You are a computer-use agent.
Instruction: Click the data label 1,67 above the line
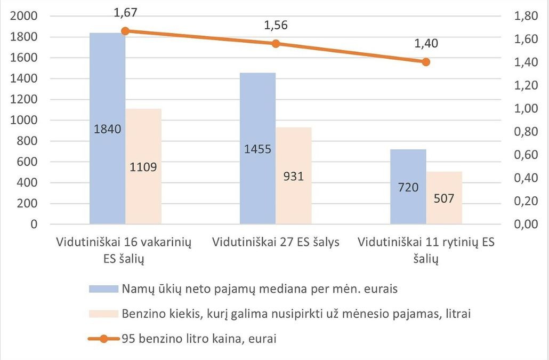pyautogui.click(x=126, y=12)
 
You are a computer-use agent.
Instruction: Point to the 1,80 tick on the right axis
pyautogui.click(x=525, y=16)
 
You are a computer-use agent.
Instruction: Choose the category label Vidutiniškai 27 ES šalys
pyautogui.click(x=276, y=242)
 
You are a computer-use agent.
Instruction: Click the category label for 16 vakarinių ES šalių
pyautogui.click(x=124, y=250)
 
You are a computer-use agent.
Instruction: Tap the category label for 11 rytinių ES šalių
pyautogui.click(x=426, y=250)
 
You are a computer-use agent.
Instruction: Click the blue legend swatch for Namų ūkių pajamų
pyautogui.click(x=103, y=289)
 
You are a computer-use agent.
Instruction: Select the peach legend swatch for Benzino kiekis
pyautogui.click(x=103, y=314)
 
